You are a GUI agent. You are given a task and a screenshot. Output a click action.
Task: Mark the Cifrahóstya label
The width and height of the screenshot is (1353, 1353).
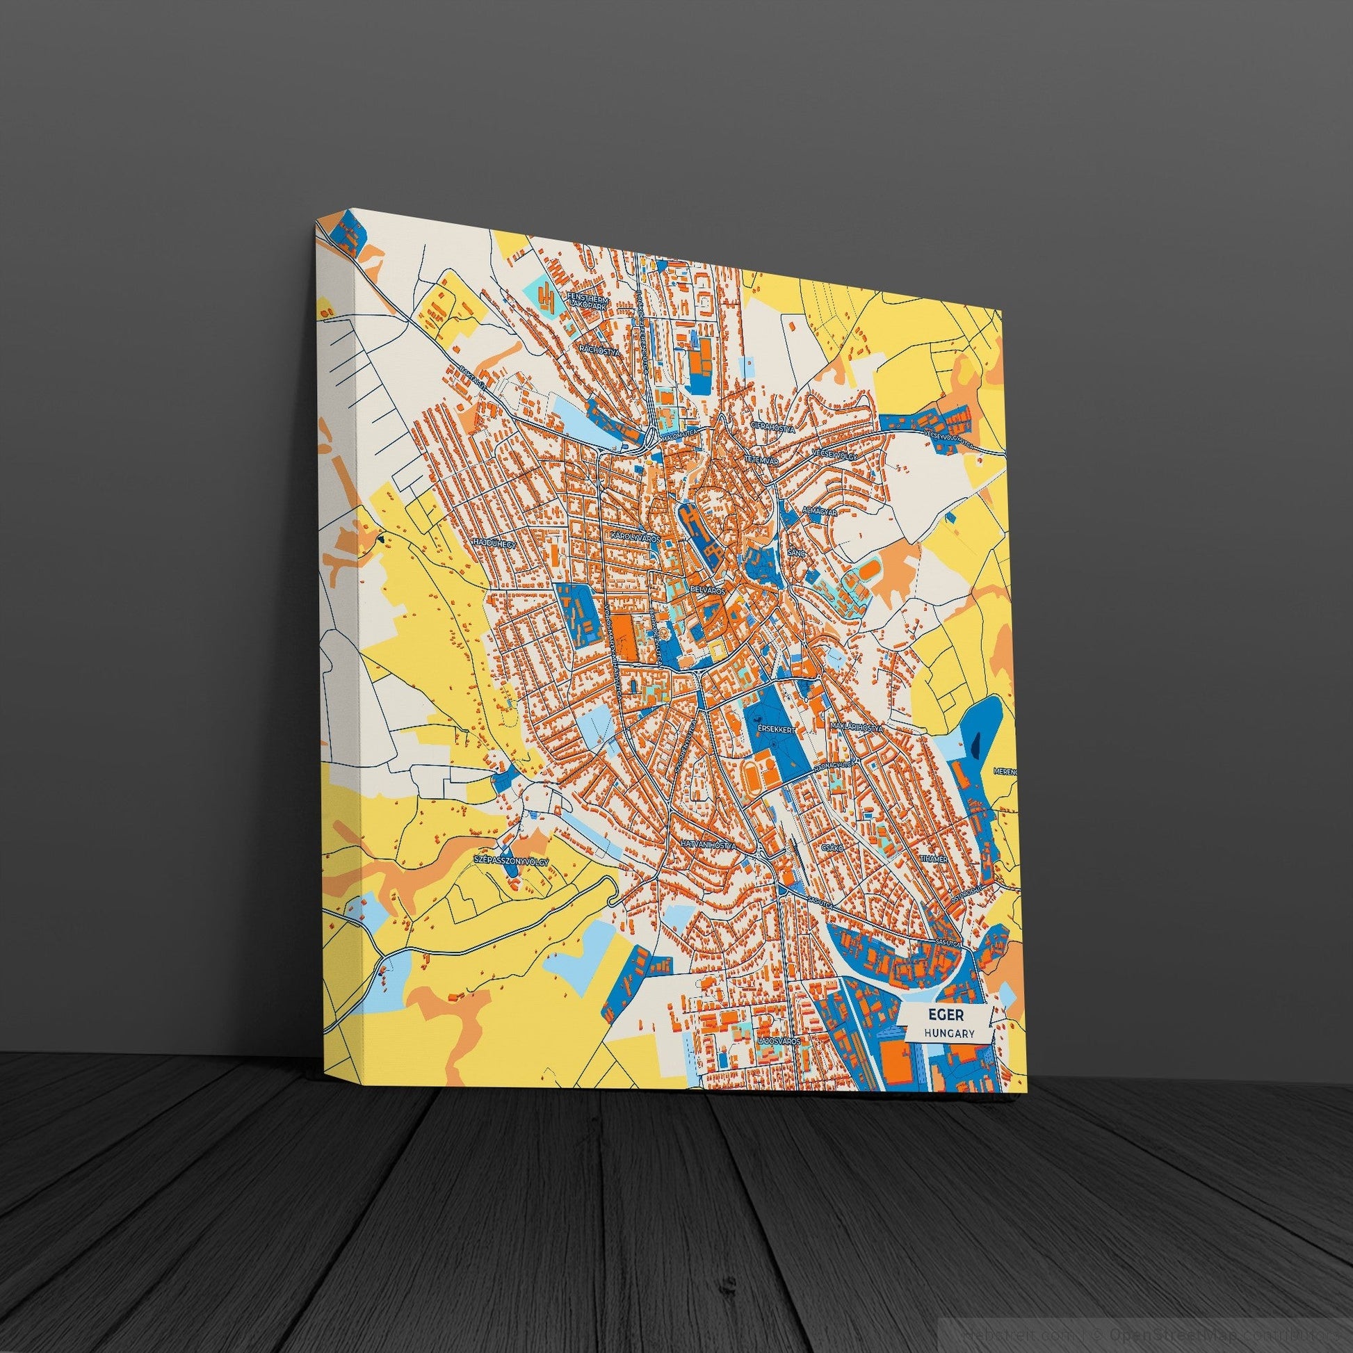coord(772,426)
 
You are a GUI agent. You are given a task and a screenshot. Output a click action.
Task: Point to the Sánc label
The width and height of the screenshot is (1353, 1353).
coord(794,553)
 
